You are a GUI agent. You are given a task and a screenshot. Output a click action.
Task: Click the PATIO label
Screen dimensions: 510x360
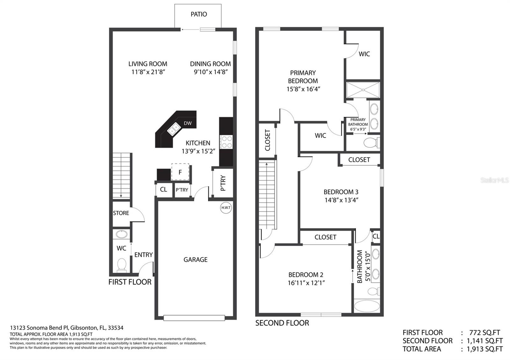199,14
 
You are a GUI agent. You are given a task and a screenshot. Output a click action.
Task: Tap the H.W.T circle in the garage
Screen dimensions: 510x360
226,207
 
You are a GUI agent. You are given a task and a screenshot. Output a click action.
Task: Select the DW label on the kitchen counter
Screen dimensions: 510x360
188,123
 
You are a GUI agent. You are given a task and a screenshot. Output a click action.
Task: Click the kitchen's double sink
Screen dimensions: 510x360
174,129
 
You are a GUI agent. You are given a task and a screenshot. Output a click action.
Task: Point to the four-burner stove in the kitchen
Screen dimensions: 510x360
226,142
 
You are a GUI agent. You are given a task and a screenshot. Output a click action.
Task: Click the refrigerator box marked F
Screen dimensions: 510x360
180,172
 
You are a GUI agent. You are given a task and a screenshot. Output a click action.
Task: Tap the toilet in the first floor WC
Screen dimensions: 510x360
121,265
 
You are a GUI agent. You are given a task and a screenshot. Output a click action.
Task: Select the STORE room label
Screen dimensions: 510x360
121,213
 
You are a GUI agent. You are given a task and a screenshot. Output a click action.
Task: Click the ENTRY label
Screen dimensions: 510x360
143,255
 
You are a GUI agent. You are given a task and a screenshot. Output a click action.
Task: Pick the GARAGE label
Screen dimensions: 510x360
195,259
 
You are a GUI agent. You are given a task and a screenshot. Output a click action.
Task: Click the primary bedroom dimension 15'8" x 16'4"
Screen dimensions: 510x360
303,89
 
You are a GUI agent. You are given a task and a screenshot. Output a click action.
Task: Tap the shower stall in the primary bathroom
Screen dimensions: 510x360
363,90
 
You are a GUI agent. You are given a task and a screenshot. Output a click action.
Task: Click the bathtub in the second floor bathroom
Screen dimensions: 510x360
367,306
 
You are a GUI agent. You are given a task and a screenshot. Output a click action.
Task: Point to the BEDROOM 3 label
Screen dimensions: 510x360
341,192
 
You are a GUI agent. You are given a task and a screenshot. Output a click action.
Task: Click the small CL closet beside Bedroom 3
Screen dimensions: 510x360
376,236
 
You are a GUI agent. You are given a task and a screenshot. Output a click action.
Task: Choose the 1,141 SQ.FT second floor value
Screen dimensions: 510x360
485,341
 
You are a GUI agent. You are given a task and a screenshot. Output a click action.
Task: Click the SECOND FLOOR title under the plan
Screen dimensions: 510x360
282,323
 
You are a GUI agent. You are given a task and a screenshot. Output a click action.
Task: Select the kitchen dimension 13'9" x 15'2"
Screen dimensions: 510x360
198,151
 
